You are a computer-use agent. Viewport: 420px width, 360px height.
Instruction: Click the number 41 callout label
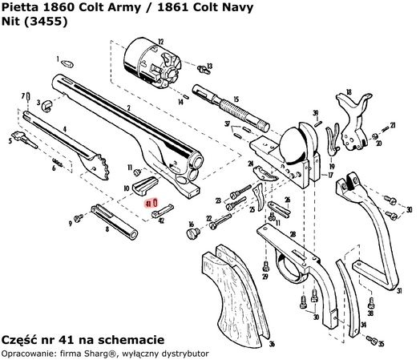coord(149,204)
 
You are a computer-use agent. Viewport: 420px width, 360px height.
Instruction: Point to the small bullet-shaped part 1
coord(68,61)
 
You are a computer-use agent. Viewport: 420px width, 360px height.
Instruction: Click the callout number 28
coord(293,234)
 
